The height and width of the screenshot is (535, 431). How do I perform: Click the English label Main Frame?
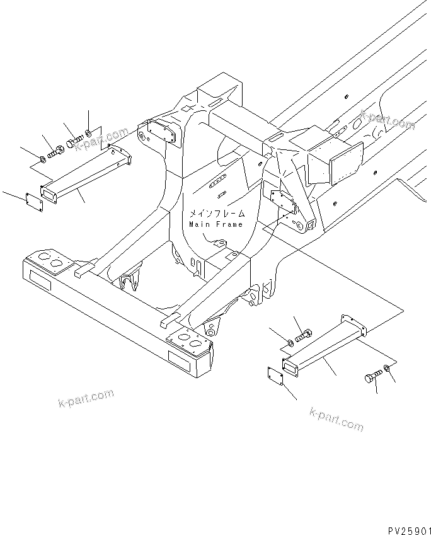point(215,224)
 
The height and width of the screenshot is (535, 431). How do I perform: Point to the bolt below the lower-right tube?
point(370,377)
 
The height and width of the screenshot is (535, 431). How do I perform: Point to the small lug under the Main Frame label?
point(219,242)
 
